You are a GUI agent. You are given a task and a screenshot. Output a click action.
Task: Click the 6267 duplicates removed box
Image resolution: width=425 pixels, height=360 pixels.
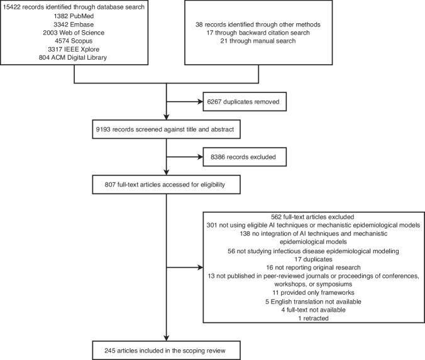[x=238, y=101]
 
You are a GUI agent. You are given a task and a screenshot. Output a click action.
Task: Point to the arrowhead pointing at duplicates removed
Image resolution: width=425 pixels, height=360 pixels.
[x=197, y=101]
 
